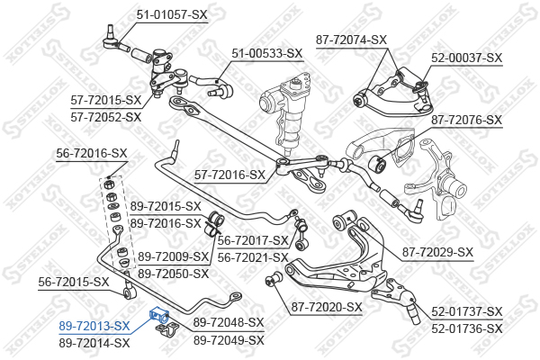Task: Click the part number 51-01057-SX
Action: coord(172,14)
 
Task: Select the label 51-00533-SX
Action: coord(267,53)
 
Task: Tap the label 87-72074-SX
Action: coord(351,40)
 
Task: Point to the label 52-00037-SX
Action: coord(466,58)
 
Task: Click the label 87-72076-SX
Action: coord(466,121)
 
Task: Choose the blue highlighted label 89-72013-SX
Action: coord(94,326)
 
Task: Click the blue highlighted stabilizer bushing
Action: coord(158,315)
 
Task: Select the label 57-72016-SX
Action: coord(230,175)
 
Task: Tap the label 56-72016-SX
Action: coord(92,153)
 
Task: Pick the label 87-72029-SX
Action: coord(437,252)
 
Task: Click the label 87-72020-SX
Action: coord(327,307)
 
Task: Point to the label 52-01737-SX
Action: coord(467,311)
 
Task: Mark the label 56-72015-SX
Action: coord(74,282)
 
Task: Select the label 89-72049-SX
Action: coord(229,340)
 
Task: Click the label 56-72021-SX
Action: coord(253,257)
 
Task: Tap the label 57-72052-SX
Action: coord(106,117)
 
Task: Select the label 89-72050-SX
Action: coord(173,274)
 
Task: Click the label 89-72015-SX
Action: coord(166,206)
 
